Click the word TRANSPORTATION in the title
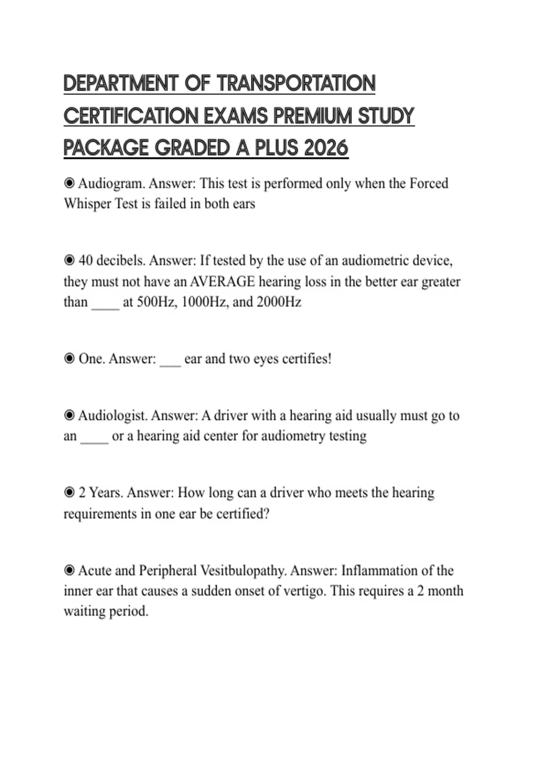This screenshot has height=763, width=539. pyautogui.click(x=296, y=83)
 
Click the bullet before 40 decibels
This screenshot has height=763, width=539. pyautogui.click(x=69, y=260)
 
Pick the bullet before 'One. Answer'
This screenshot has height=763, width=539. pyautogui.click(x=69, y=359)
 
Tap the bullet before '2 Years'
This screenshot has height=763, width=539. pyautogui.click(x=69, y=493)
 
